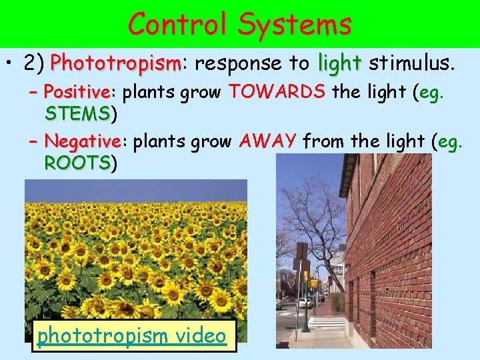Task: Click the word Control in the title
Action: pyautogui.click(x=175, y=24)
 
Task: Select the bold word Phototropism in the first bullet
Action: pyautogui.click(x=115, y=64)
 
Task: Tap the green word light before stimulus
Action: pyautogui.click(x=339, y=63)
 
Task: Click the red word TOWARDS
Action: pyautogui.click(x=277, y=91)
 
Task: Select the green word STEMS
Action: pyautogui.click(x=77, y=113)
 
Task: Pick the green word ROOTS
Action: pyautogui.click(x=77, y=163)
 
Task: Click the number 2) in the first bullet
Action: pyautogui.click(x=34, y=64)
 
